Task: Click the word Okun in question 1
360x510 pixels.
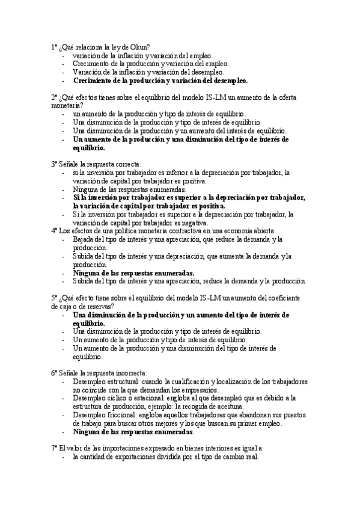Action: point(141,48)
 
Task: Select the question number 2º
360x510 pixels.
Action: point(54,97)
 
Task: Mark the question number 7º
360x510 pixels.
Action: point(54,448)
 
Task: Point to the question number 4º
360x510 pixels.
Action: point(54,230)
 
